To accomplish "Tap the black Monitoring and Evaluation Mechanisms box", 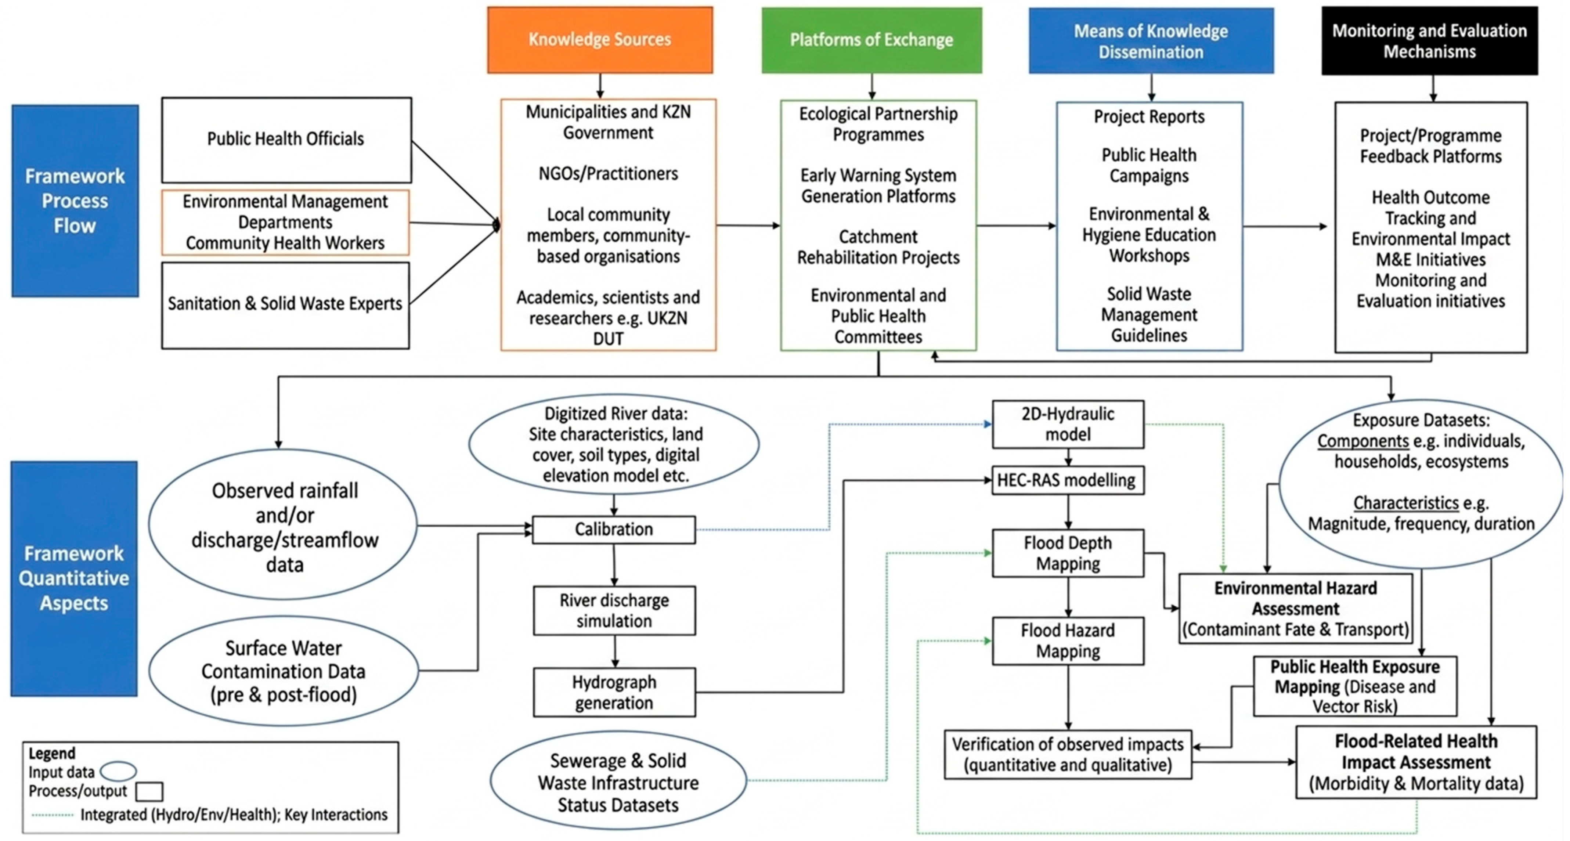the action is coord(1429,41).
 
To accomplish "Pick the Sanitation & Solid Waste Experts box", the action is coord(285,305).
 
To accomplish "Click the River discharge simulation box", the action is coord(614,611).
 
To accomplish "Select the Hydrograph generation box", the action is coord(614,692).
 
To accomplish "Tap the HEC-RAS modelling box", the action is coord(1068,480).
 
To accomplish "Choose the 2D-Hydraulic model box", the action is coord(1068,424).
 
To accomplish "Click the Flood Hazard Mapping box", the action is coord(1068,641).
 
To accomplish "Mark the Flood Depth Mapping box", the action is coord(1068,553).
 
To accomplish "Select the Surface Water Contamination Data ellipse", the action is coord(284,671).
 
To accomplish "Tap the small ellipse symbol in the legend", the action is coord(118,772).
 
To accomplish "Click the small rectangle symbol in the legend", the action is coord(149,792).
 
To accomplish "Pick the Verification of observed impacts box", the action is coord(1068,754).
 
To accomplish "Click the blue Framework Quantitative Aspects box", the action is coord(74,578).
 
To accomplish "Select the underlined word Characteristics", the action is coord(1406,503).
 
